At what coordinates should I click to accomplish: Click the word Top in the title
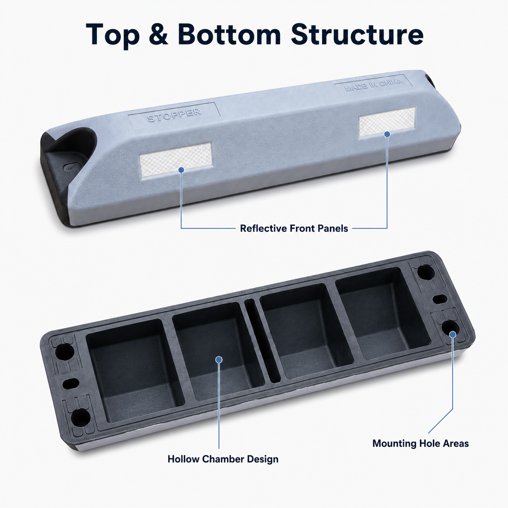tap(113, 36)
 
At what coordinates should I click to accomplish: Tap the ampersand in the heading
tap(158, 34)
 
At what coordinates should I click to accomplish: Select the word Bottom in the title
tap(229, 34)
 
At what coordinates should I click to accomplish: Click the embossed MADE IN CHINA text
tap(374, 84)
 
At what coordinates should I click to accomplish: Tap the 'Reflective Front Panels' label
tap(294, 228)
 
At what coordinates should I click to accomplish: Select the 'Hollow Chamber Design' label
tap(223, 459)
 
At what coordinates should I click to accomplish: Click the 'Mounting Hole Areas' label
tap(420, 444)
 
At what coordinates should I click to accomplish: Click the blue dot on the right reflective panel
tap(387, 134)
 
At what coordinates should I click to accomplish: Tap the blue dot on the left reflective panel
tap(181, 170)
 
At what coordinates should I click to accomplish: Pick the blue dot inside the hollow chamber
tap(219, 360)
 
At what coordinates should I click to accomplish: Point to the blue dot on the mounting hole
tap(453, 335)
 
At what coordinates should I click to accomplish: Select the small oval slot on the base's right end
tap(440, 299)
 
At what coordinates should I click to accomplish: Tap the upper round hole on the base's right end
tap(426, 272)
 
